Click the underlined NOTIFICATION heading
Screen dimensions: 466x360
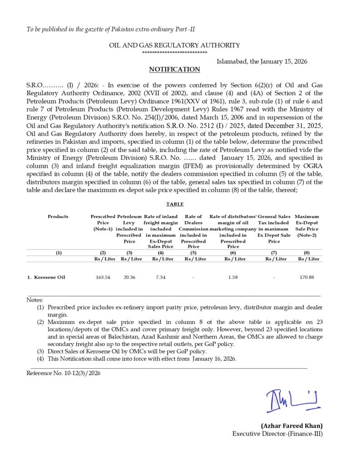(x=175, y=70)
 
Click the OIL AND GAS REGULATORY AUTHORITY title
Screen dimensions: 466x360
(x=175, y=45)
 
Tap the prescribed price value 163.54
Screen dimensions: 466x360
(x=103, y=277)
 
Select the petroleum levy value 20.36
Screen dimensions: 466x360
(x=129, y=277)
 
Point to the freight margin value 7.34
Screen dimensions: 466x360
(x=160, y=277)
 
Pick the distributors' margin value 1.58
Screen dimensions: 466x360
(x=233, y=277)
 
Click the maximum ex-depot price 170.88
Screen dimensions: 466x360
(x=307, y=277)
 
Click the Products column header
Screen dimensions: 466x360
(x=58, y=217)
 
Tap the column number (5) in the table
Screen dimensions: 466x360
(x=193, y=253)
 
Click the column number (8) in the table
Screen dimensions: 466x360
(x=307, y=253)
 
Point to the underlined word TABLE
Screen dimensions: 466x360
(x=175, y=204)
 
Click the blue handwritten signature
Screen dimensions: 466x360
(x=293, y=400)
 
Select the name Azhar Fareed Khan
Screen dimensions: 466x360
(x=292, y=426)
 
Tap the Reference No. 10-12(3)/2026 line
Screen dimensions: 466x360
(x=63, y=373)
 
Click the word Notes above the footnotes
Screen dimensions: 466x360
(x=35, y=300)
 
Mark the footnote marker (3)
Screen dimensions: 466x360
(x=41, y=351)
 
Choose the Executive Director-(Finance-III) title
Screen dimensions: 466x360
(x=278, y=434)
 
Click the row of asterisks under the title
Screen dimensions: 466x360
(x=175, y=53)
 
